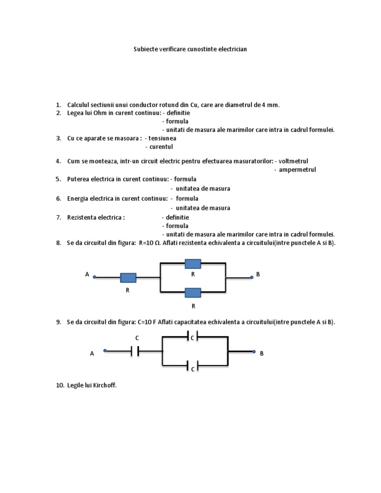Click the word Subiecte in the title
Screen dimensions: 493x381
point(146,50)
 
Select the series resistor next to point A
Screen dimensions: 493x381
point(128,278)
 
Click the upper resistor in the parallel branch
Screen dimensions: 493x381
point(192,263)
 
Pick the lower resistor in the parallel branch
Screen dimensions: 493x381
point(192,293)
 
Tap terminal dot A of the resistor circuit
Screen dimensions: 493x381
point(95,277)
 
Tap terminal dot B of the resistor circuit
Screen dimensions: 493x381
point(252,277)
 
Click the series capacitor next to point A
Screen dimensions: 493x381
point(135,351)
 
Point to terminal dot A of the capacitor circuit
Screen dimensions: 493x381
point(105,351)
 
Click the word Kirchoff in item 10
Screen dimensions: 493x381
point(104,385)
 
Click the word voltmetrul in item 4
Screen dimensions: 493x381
point(294,161)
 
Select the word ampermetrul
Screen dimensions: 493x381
point(298,170)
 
